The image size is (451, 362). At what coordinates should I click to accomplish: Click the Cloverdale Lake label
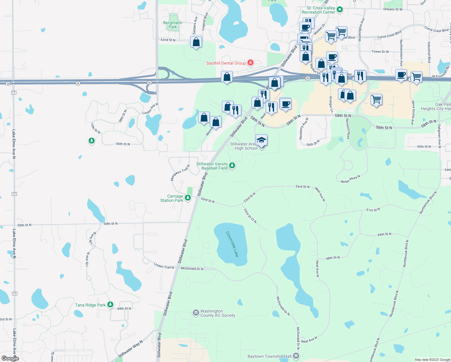(x=232, y=244)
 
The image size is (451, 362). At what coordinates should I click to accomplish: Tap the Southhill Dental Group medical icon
(x=250, y=63)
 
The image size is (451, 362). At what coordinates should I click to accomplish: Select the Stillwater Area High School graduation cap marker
(x=261, y=141)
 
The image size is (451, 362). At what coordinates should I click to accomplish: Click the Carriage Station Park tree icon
(x=188, y=198)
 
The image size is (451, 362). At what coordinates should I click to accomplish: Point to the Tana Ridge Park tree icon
(x=110, y=305)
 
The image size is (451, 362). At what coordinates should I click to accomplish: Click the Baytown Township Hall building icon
(x=296, y=356)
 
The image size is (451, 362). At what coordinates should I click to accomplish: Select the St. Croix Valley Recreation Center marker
(x=340, y=10)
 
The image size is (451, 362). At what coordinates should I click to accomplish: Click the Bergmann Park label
(x=173, y=25)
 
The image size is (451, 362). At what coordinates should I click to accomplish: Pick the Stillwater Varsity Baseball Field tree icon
(x=232, y=165)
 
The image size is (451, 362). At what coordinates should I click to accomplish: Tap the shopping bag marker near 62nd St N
(x=196, y=43)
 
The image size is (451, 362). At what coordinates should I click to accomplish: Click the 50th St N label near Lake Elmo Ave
(x=24, y=225)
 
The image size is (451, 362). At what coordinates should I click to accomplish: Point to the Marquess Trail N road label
(x=180, y=173)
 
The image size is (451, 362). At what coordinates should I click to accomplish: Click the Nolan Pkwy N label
(x=350, y=179)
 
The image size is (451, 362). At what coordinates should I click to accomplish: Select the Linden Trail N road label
(x=164, y=266)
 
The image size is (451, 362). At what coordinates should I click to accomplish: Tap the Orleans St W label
(x=393, y=9)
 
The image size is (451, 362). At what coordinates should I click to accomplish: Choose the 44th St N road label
(x=124, y=309)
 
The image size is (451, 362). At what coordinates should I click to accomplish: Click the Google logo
(x=10, y=358)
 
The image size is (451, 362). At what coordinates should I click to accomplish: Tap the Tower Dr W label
(x=380, y=52)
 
